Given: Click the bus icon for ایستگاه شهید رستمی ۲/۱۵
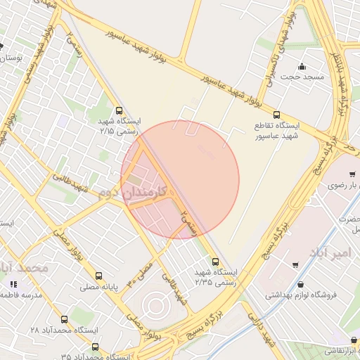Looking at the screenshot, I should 118,110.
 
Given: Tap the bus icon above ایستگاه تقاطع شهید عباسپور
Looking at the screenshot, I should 276,115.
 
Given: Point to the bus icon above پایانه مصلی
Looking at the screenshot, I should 98,276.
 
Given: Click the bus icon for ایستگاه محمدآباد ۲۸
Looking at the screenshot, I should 65,319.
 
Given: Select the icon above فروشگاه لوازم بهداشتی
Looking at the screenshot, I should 302,285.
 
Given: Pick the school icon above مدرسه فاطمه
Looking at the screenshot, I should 13,285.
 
